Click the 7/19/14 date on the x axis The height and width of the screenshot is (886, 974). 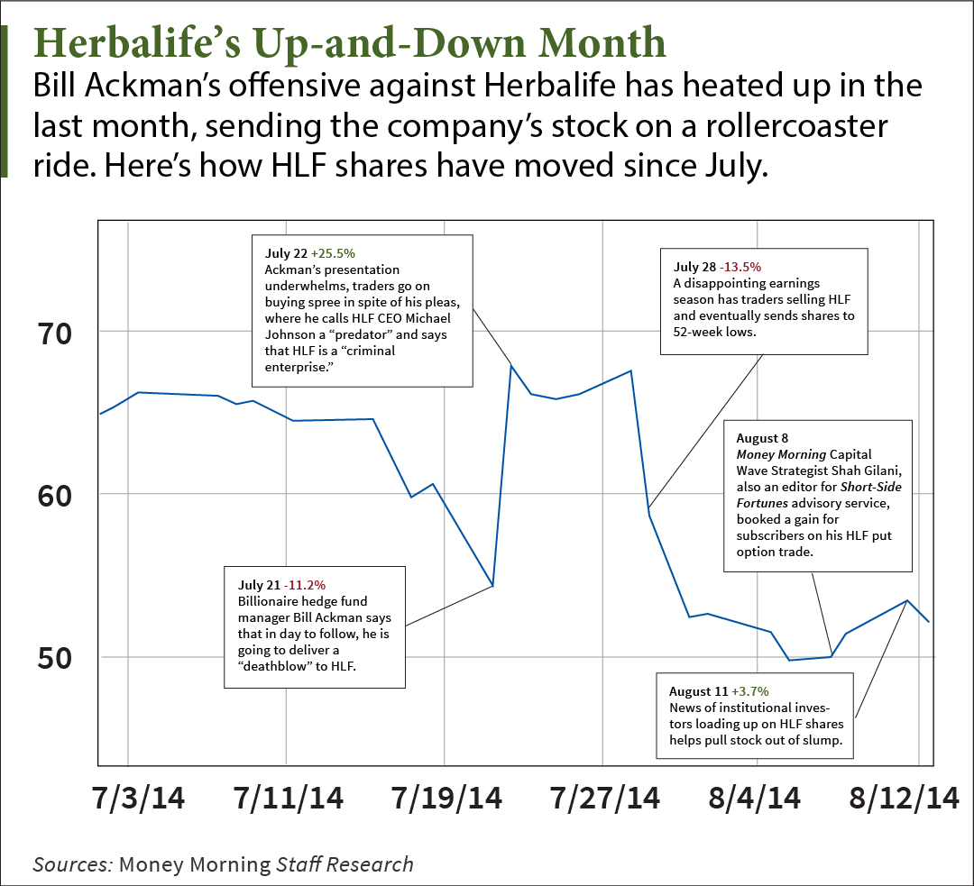click(x=446, y=798)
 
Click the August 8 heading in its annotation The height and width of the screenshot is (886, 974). click(x=762, y=438)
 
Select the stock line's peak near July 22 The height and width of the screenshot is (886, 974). click(x=511, y=365)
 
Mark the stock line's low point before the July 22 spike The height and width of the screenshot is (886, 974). click(x=492, y=586)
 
